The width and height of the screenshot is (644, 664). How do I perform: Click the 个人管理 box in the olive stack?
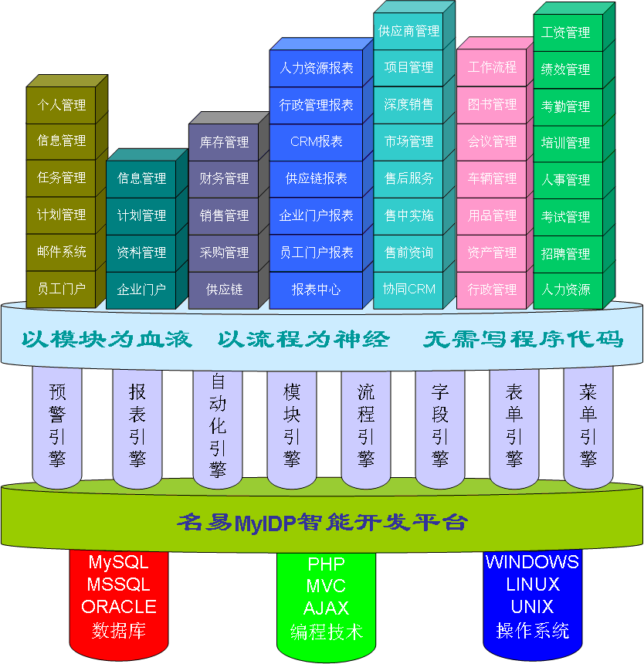point(62,104)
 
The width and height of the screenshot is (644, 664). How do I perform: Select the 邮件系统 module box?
point(62,252)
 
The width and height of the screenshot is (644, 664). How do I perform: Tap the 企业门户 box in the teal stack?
point(141,290)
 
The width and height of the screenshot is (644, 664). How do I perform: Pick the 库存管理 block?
point(224,142)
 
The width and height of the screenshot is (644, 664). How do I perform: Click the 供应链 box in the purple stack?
point(224,290)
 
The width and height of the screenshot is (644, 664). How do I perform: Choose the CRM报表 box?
point(316,142)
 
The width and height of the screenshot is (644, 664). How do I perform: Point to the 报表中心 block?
point(316,290)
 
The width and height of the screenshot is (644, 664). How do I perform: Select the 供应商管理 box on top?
point(408,32)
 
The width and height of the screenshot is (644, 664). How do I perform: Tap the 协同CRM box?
point(408,290)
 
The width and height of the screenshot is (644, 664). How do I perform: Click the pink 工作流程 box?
point(492,67)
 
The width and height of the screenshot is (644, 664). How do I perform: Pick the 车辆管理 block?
point(492,178)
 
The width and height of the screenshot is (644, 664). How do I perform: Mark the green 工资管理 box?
point(566,32)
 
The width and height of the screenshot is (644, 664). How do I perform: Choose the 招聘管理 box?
point(566,253)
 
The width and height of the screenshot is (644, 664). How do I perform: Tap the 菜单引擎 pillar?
point(588,425)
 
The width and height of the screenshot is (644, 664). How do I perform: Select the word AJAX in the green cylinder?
point(326,608)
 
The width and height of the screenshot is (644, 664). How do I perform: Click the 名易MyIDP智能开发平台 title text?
point(322,522)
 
